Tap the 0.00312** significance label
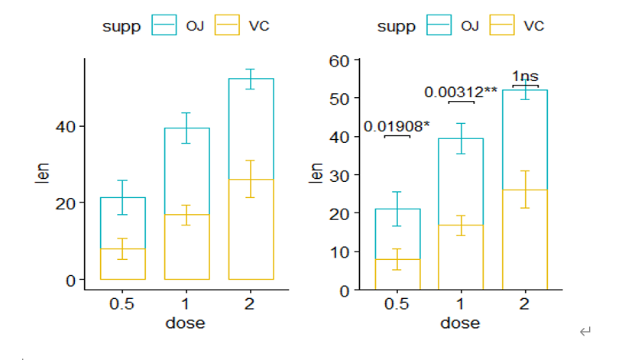click(461, 92)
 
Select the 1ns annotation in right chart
click(525, 76)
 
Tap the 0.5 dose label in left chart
click(121, 303)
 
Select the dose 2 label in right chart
click(524, 303)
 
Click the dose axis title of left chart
click(185, 323)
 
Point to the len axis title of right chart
click(315, 174)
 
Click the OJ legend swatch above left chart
click(164, 26)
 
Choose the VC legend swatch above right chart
click(501, 26)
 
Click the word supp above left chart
click(121, 27)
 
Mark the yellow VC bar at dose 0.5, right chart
click(397, 274)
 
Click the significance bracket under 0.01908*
click(397, 136)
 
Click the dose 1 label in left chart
click(186, 303)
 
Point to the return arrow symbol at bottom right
click(585, 332)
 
